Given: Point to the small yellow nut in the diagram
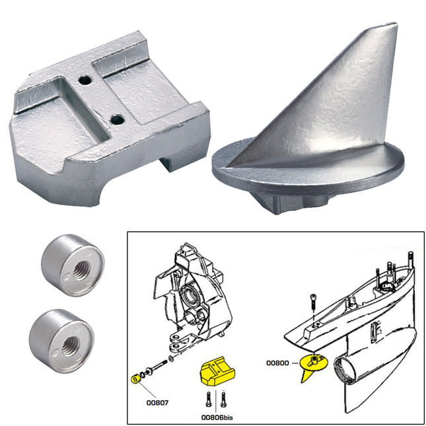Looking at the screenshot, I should [x=131, y=378].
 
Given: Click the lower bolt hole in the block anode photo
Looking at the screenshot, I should [x=117, y=120].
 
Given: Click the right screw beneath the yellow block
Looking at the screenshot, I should [x=223, y=398].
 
